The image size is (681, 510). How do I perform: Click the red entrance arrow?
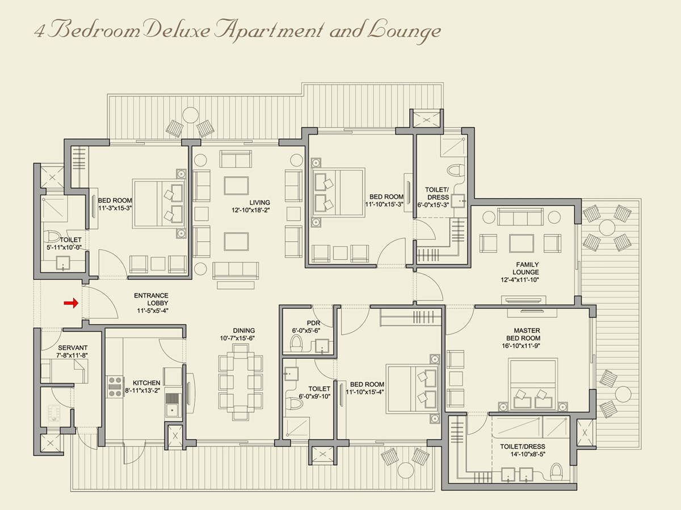tap(70, 304)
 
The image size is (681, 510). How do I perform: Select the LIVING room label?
tap(259, 202)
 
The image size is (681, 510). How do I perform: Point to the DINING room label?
tap(243, 330)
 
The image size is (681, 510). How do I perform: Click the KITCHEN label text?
tap(146, 383)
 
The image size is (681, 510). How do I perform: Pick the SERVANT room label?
tap(73, 348)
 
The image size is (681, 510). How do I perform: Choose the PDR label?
tap(314, 323)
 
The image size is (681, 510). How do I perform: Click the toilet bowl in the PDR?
tap(296, 342)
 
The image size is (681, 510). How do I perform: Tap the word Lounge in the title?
tap(403, 31)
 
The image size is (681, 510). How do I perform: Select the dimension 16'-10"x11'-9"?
tap(527, 346)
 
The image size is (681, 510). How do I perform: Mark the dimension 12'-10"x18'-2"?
tap(259, 210)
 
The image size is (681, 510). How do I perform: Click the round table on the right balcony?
tap(607, 228)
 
